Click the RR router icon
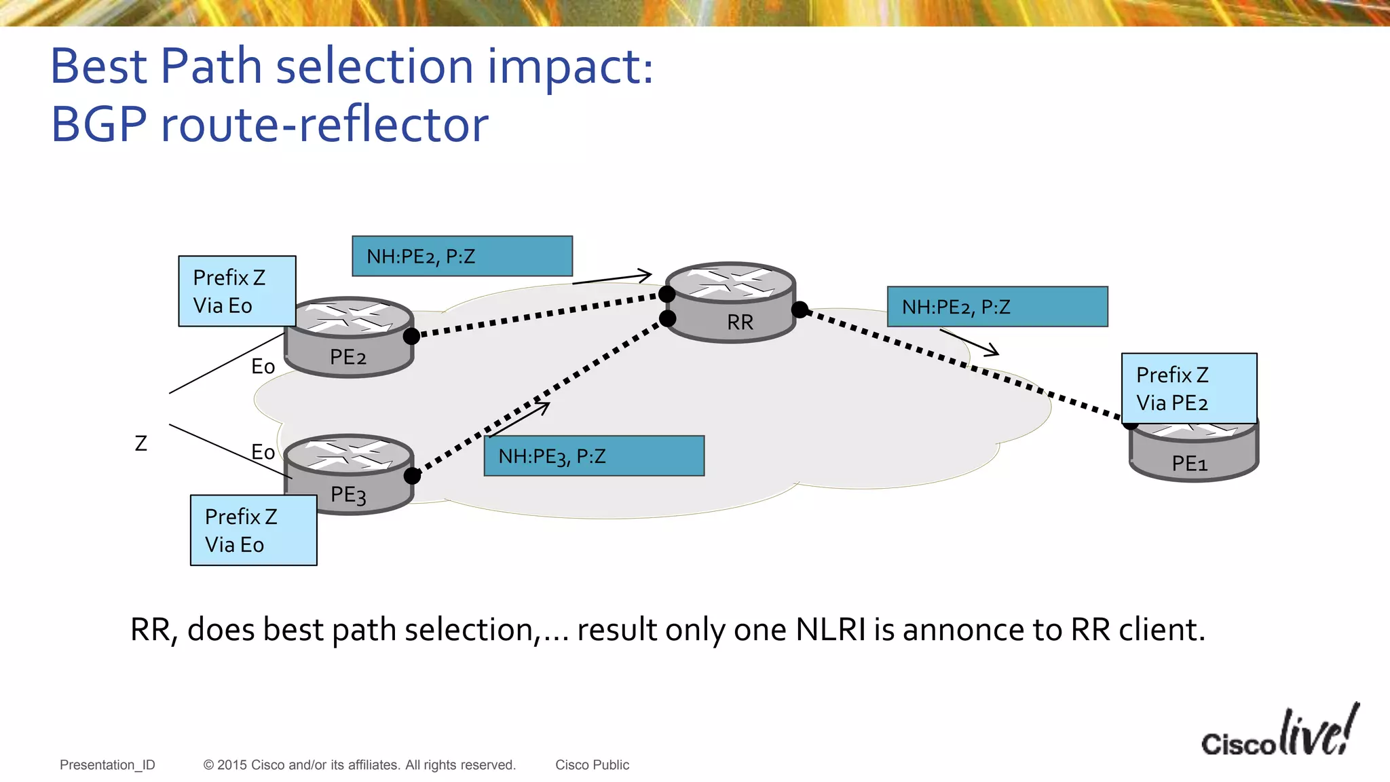click(x=730, y=302)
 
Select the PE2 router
click(x=348, y=337)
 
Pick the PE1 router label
click(x=1190, y=464)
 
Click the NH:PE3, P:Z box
click(x=594, y=455)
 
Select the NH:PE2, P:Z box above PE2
click(x=462, y=256)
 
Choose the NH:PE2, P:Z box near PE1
click(x=997, y=307)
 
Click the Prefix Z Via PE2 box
click(x=1188, y=388)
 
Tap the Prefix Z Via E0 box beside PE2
click(x=237, y=291)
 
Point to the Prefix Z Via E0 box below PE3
click(x=253, y=530)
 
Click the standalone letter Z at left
click(x=141, y=444)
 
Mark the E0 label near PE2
click(x=263, y=367)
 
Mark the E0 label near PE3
click(x=263, y=452)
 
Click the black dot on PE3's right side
click(x=412, y=476)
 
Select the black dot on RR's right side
click(x=800, y=310)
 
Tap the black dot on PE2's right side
click(x=411, y=336)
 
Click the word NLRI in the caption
click(x=830, y=629)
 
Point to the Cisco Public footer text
click(x=592, y=765)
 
